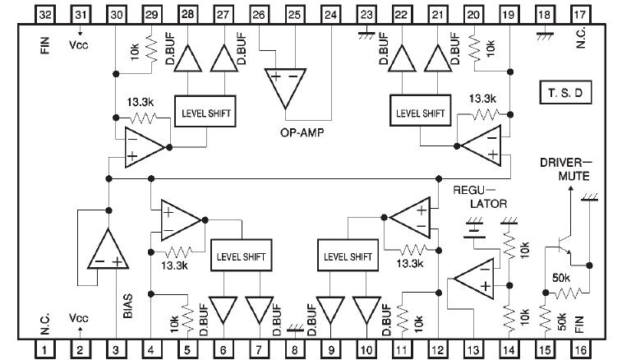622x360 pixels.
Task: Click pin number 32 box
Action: tap(45, 15)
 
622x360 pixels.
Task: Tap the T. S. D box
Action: tap(566, 93)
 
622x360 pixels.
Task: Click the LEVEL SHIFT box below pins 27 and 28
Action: tap(205, 113)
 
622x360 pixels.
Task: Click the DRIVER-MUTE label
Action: tap(566, 169)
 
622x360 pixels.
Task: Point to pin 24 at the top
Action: tap(331, 15)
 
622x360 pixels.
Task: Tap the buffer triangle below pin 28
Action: tap(188, 59)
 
